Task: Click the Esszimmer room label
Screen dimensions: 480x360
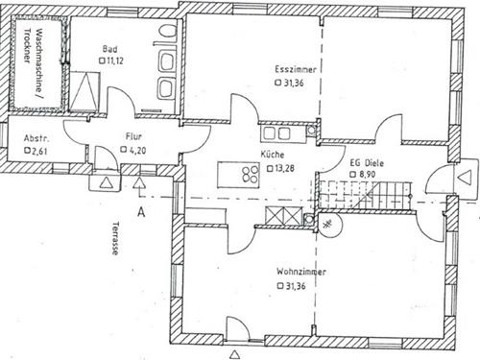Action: (x=297, y=69)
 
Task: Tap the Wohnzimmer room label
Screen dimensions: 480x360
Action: (x=301, y=272)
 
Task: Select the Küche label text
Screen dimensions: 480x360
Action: (x=272, y=154)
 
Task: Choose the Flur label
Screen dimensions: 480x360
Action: (x=134, y=137)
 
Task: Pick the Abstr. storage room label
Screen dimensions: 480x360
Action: (x=36, y=137)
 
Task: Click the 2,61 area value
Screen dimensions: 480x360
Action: (x=39, y=151)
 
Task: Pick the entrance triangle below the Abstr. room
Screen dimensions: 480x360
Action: (x=106, y=180)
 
